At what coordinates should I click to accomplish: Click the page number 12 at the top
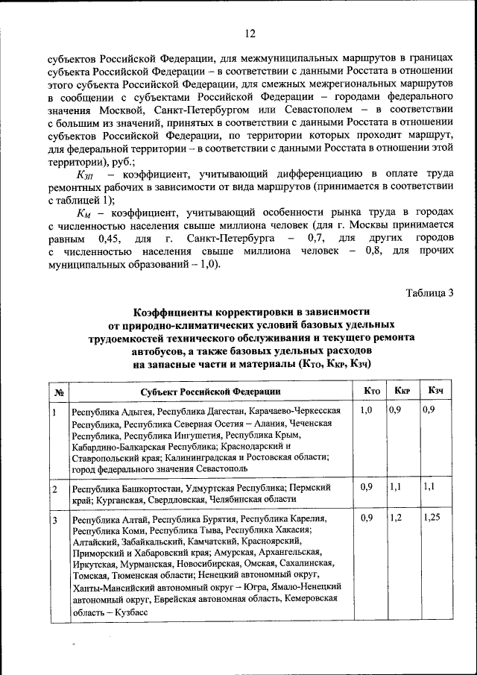point(250,34)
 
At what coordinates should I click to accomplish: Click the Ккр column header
point(402,391)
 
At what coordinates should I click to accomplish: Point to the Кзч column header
point(436,391)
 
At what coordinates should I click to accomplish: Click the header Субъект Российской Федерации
point(210,392)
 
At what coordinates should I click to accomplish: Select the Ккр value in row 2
point(397,486)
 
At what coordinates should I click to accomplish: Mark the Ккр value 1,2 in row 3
point(397,518)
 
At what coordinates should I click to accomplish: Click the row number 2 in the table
point(55,489)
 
